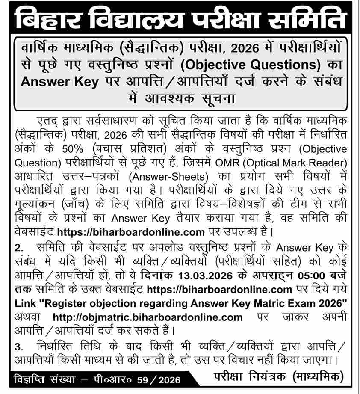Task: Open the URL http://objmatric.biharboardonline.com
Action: (x=148, y=317)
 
